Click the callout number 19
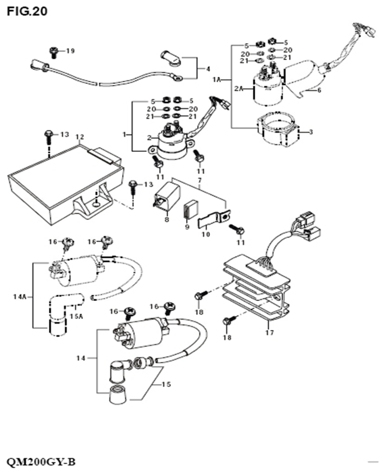tap(70, 51)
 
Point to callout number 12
tap(80, 137)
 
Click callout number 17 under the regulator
tap(269, 333)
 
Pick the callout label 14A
tap(20, 296)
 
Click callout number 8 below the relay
tap(167, 219)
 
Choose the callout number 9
tap(187, 228)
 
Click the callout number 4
tap(208, 69)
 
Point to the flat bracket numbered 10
tap(212, 220)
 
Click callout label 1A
tap(217, 79)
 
